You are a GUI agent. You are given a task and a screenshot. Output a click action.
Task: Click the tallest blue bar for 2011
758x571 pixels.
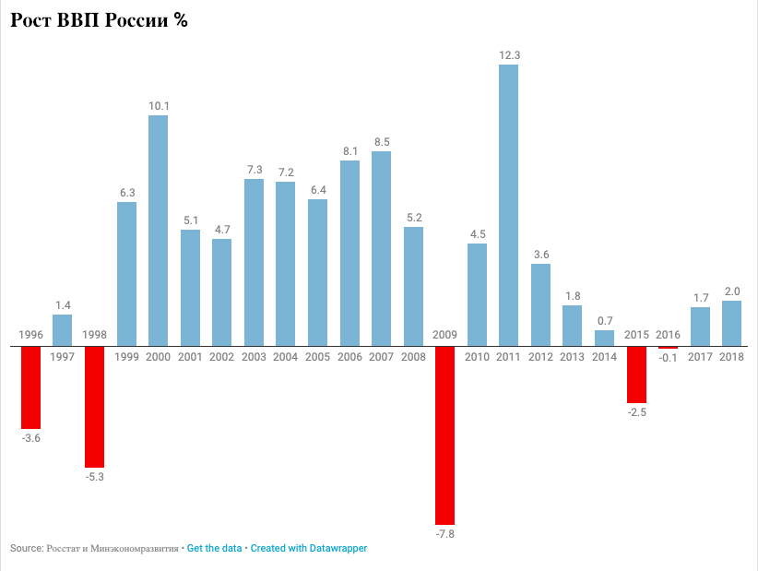click(x=508, y=205)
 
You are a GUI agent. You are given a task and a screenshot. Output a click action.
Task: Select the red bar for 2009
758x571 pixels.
click(x=444, y=435)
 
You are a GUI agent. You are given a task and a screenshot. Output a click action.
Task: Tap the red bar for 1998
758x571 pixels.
click(x=94, y=407)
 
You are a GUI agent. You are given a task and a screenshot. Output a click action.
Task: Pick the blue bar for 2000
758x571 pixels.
click(x=158, y=231)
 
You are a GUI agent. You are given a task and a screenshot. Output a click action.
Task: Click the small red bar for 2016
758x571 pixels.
click(x=668, y=348)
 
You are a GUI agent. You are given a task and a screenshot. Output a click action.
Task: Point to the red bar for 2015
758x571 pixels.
click(x=636, y=375)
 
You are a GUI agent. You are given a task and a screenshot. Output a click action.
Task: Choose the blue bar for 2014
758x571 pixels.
click(x=604, y=339)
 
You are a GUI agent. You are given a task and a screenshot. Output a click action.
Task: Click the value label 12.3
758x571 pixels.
click(x=509, y=55)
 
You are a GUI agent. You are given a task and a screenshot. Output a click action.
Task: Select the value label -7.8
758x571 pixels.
click(x=444, y=534)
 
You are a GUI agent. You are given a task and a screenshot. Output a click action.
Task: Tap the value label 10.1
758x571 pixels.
click(x=159, y=106)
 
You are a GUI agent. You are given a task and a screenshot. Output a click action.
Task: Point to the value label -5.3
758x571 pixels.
click(x=94, y=477)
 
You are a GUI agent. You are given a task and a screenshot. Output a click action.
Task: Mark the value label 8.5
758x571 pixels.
click(x=382, y=142)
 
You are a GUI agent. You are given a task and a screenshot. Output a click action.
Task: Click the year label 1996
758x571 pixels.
click(x=30, y=334)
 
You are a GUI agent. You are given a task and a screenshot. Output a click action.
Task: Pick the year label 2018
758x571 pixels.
click(x=731, y=357)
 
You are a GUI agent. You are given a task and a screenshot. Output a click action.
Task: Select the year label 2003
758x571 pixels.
click(x=254, y=357)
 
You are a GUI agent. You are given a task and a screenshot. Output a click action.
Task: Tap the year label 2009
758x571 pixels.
click(x=444, y=334)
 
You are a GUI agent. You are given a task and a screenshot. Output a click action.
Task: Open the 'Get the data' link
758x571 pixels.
click(x=214, y=548)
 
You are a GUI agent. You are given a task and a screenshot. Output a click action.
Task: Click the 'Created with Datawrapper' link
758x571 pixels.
click(x=308, y=548)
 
